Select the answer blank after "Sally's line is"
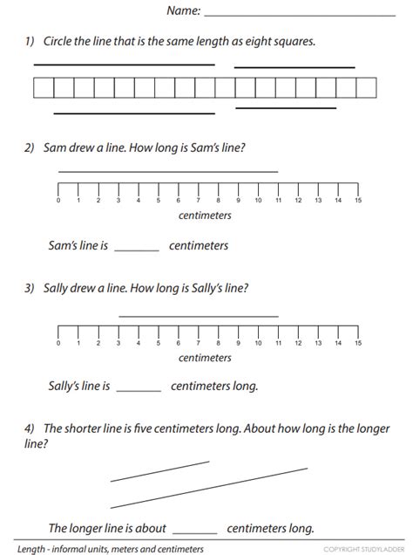click(139, 388)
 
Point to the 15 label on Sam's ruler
click(358, 201)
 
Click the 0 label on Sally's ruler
click(58, 343)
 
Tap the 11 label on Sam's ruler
click(278, 201)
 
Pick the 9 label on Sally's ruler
click(238, 343)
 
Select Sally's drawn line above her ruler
click(199, 315)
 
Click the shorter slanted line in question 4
click(160, 470)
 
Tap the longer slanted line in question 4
click(209, 488)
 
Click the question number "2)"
click(30, 147)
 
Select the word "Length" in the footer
click(19, 549)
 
